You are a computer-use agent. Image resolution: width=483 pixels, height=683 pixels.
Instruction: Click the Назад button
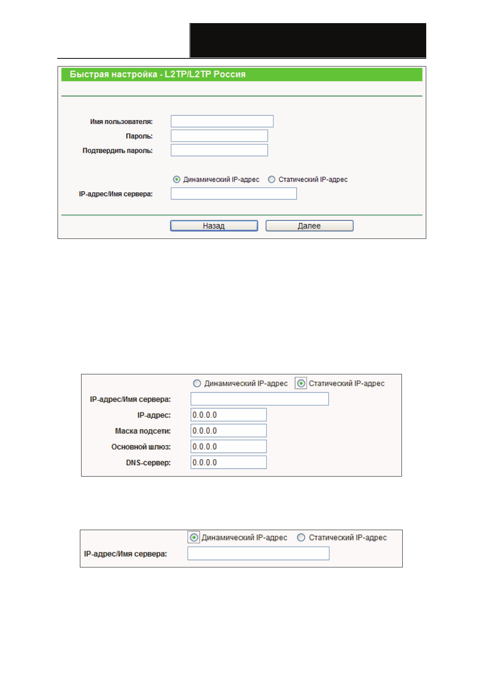(214, 226)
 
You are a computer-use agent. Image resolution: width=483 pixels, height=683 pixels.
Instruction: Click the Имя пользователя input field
(222, 121)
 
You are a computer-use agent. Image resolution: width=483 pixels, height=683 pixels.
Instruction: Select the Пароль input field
(219, 136)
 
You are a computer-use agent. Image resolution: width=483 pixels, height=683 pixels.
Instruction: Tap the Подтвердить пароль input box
(219, 150)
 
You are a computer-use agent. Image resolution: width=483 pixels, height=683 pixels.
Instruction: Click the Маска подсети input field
(228, 431)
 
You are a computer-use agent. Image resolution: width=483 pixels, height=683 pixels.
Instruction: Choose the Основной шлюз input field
(228, 447)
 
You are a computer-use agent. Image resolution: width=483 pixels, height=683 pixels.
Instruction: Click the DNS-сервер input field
(228, 462)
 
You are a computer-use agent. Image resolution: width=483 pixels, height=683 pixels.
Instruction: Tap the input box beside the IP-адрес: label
(228, 415)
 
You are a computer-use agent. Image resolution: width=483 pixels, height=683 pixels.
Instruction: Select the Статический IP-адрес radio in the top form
(272, 179)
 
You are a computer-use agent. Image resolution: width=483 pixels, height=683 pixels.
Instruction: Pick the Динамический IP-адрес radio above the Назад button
(176, 179)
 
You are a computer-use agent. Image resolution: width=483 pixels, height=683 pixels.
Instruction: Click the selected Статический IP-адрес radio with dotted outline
(301, 383)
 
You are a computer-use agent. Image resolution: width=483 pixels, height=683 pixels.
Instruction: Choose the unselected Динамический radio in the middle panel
(197, 383)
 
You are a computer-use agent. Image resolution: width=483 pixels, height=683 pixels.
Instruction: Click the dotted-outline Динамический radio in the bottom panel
(194, 537)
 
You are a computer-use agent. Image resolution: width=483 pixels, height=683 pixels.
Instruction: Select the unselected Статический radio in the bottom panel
(301, 537)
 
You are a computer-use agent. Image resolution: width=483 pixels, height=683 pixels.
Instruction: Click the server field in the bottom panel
(258, 554)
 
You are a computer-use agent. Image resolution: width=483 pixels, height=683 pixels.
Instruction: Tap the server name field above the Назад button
(234, 194)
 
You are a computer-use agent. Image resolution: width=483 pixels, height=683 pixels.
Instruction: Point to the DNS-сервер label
(148, 463)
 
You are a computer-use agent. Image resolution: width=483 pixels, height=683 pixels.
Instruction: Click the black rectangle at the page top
(308, 41)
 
